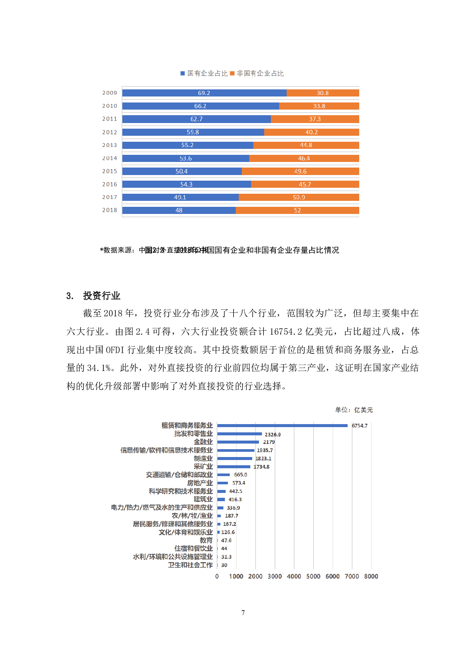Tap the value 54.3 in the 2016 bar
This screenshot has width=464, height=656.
(186, 184)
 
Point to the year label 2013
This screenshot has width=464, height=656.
(110, 145)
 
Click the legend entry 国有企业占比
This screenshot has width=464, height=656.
(204, 73)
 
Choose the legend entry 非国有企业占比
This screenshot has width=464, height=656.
(257, 73)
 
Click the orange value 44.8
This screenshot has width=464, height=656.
(306, 145)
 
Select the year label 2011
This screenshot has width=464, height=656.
(110, 119)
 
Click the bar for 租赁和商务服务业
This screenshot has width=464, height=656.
(282, 426)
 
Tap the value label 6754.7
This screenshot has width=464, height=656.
(360, 426)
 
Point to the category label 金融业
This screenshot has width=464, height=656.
(203, 442)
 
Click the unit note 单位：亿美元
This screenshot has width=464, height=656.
(354, 410)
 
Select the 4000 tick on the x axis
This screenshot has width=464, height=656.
(294, 576)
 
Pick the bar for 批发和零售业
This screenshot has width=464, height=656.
(239, 434)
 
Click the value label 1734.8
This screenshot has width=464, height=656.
(262, 467)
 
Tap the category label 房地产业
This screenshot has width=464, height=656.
(200, 483)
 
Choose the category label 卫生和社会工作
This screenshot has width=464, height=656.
(190, 565)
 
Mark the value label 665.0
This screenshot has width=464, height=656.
(241, 475)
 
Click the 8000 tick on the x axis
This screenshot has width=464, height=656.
(371, 576)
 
